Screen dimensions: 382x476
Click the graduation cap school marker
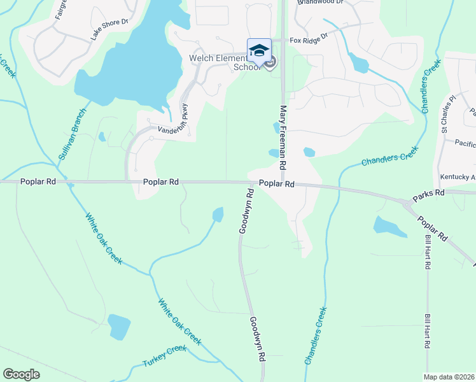[259, 50]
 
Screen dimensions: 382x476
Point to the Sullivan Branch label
[72, 138]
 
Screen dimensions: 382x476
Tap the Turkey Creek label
[165, 356]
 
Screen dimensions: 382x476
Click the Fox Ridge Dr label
[308, 40]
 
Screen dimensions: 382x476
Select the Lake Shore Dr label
[109, 29]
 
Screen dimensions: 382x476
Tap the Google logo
[21, 374]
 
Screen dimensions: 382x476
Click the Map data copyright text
[449, 377]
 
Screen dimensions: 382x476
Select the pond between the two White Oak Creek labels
[118, 327]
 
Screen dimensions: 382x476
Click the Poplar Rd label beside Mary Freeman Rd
[277, 183]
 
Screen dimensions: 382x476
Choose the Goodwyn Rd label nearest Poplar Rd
[246, 211]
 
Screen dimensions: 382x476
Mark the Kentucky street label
[458, 176]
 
